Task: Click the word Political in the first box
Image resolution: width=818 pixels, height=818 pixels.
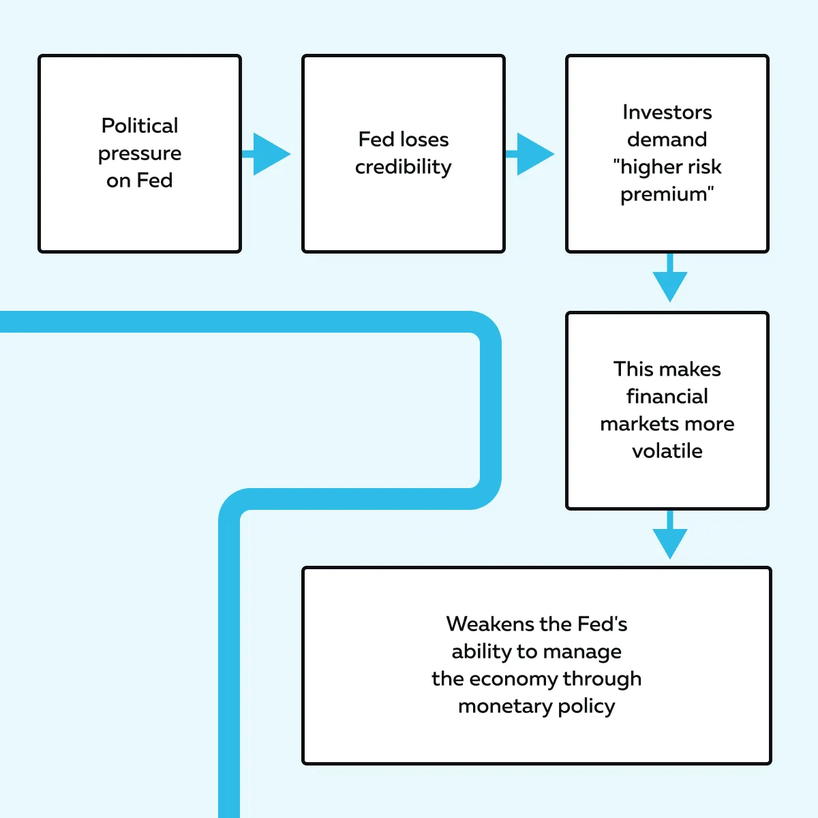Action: tap(140, 125)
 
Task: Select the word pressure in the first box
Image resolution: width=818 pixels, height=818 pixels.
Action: tap(140, 154)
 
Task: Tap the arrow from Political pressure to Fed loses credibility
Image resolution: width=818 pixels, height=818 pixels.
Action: tap(268, 154)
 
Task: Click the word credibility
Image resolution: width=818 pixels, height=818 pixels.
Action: tap(403, 167)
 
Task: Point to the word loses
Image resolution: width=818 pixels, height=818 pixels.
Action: tap(423, 139)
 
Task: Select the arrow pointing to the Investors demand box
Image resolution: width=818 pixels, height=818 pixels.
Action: tap(532, 154)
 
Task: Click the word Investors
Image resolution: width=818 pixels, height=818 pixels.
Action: tap(667, 112)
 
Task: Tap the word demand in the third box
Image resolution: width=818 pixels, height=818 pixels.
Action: tap(667, 139)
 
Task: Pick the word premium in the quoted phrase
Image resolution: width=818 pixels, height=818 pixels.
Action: tap(664, 194)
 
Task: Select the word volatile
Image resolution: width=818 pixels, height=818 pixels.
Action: tap(667, 451)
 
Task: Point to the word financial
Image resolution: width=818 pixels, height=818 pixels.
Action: tap(667, 396)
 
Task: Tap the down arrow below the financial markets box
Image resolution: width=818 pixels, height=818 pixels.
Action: tap(669, 539)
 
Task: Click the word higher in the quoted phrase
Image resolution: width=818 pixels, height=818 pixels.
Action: tap(651, 167)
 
